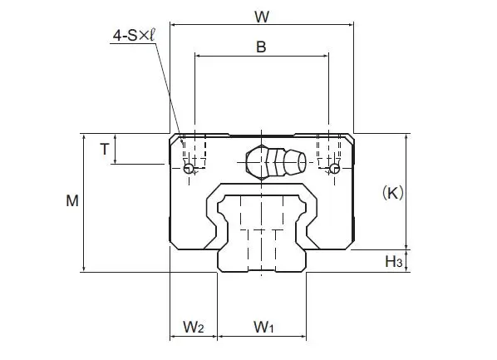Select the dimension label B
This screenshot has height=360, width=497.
point(260,47)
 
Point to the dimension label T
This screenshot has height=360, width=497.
point(104,149)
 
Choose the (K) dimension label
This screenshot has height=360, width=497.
point(392,193)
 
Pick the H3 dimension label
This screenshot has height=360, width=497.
point(394,262)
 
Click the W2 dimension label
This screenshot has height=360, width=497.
point(193,326)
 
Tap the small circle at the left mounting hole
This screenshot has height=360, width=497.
point(189,169)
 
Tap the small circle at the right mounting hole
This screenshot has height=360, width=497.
point(333,169)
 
